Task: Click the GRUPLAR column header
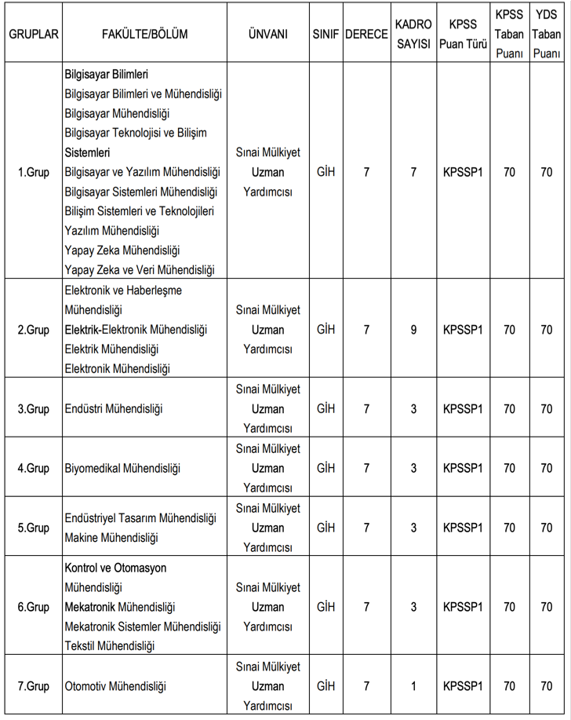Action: tap(34, 35)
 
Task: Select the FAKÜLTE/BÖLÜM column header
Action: tap(144, 35)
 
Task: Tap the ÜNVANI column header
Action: tap(267, 35)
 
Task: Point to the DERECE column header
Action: tap(366, 35)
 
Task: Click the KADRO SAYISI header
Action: tap(413, 35)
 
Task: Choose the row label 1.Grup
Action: tap(34, 173)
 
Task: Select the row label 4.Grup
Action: tap(34, 469)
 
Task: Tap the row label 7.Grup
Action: tap(34, 686)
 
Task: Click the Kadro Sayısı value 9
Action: tap(413, 330)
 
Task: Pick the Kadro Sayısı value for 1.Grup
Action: tap(413, 173)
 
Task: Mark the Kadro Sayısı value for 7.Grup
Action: tap(413, 686)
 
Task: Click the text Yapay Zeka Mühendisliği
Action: tap(122, 250)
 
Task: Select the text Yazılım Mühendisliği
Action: tap(112, 231)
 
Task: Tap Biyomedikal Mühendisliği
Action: tap(123, 469)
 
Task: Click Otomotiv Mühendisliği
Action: tap(116, 686)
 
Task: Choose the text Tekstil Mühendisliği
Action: tap(110, 646)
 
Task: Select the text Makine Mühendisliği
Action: tap(111, 538)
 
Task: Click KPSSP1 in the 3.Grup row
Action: tap(463, 409)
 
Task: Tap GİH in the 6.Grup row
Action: tap(326, 607)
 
